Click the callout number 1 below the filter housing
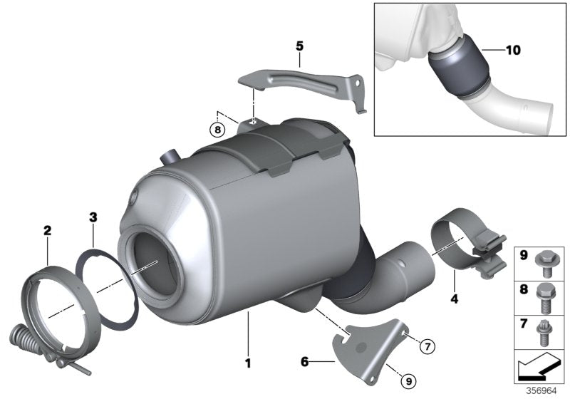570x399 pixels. [248, 363]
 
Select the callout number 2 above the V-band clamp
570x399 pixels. [47, 230]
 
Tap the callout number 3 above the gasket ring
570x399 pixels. [93, 216]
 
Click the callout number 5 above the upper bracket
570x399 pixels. [300, 47]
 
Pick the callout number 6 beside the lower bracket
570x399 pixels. [304, 363]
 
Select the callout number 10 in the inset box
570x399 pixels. [513, 51]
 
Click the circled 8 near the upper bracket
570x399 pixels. [217, 130]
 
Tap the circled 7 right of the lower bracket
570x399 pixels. [425, 347]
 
